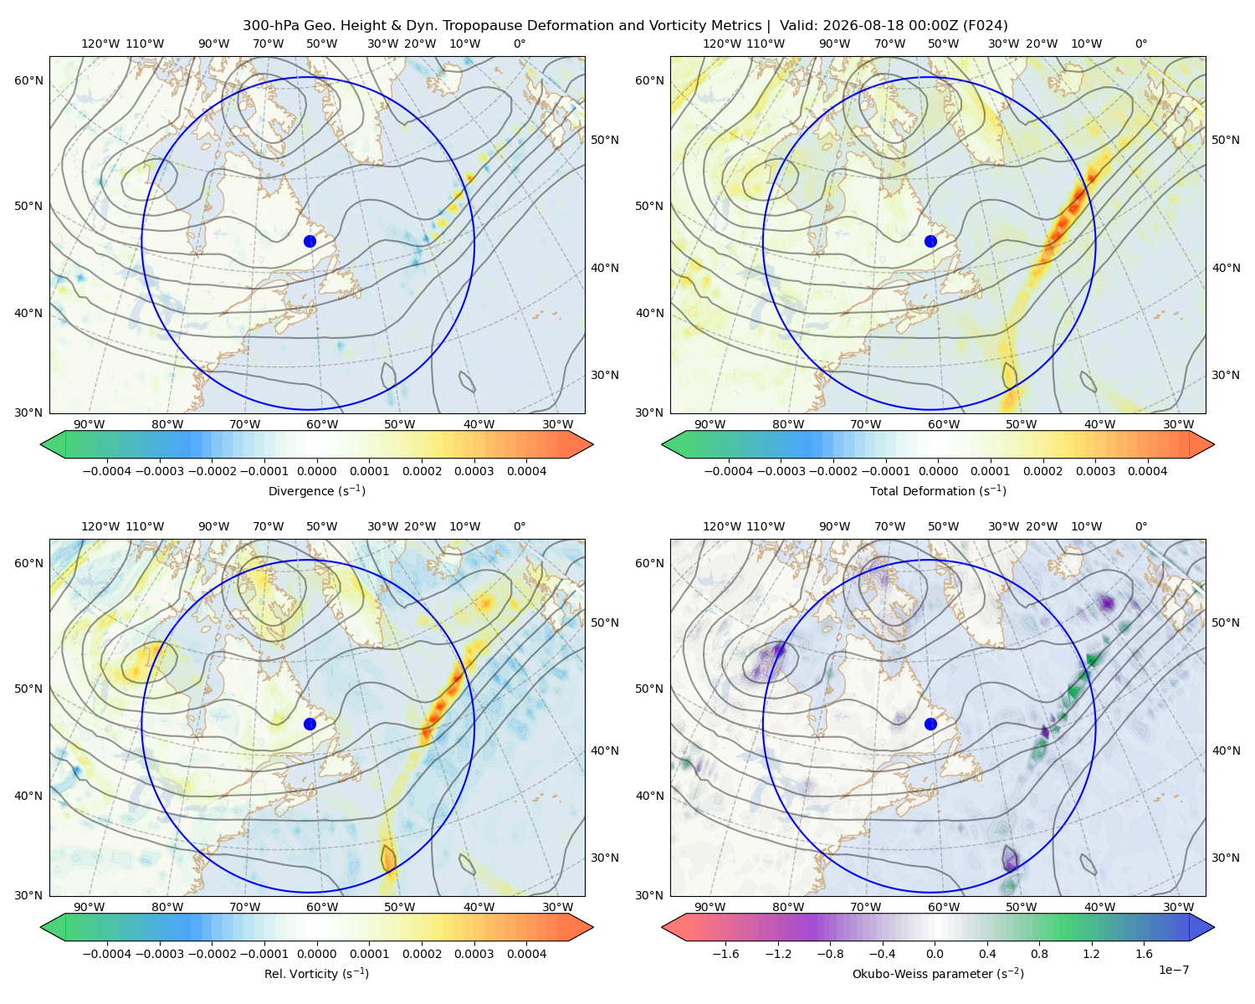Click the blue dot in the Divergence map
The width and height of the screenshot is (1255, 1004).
310,241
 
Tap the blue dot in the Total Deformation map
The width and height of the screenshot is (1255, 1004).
930,241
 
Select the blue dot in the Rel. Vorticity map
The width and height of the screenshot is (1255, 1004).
310,724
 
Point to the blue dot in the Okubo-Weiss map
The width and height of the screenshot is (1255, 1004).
930,724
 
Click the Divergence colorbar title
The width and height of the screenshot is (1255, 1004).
316,490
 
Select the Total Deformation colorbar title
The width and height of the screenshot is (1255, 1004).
938,490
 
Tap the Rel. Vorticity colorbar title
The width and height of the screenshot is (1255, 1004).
316,973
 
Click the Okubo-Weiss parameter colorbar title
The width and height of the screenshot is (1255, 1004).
938,973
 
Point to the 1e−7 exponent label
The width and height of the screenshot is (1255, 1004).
1173,970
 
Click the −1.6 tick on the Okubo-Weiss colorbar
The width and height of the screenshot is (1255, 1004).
725,953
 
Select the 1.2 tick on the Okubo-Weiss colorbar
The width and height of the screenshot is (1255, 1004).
1091,953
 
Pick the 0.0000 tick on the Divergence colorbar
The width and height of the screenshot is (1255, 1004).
316,471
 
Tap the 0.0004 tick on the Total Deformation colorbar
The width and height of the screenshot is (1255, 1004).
1147,471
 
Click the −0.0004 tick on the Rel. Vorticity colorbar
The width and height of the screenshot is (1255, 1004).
107,953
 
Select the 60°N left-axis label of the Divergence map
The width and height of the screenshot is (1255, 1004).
28,80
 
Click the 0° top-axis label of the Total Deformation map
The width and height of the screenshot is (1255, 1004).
1140,44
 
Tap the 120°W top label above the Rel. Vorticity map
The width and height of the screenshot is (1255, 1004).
100,526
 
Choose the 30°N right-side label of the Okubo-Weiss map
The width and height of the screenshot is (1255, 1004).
1226,857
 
